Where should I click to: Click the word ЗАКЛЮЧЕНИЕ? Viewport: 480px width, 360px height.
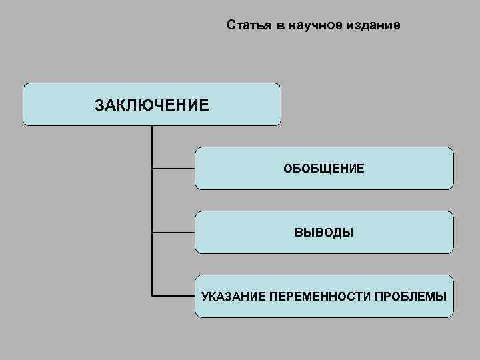tap(152, 105)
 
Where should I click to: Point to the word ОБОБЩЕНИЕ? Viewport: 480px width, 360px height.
tap(324, 169)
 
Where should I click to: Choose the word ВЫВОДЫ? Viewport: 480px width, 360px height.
tap(324, 233)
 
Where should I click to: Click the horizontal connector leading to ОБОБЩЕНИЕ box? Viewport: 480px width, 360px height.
tap(173, 169)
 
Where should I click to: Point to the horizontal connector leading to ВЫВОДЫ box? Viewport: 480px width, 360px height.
tap(173, 233)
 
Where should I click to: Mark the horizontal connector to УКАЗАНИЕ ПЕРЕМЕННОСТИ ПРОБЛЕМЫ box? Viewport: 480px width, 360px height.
tap(173, 295)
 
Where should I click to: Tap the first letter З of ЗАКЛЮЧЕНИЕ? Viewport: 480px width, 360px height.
tap(99, 105)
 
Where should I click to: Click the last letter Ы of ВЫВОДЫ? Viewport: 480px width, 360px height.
tap(348, 233)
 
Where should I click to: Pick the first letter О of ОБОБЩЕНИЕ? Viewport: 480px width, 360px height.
tap(287, 169)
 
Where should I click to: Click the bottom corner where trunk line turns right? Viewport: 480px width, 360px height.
tap(152, 295)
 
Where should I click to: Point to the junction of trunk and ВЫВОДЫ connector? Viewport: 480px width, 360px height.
tap(152, 233)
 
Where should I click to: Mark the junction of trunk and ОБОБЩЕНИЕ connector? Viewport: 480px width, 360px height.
tap(152, 169)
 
